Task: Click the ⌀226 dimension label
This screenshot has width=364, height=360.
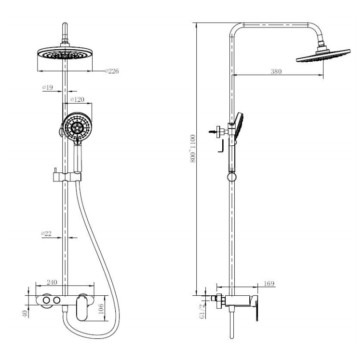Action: [112, 71]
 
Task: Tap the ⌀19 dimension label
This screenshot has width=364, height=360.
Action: [48, 87]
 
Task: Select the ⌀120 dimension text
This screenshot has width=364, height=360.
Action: [77, 99]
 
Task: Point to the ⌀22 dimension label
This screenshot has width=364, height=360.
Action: [46, 234]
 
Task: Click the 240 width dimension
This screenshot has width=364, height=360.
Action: [52, 282]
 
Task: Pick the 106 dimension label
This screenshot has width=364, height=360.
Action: [101, 309]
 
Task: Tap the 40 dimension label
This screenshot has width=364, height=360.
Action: [25, 314]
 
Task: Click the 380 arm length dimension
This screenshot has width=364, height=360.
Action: [276, 71]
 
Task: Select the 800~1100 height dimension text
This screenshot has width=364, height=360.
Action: [193, 149]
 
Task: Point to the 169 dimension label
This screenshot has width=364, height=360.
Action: [269, 284]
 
